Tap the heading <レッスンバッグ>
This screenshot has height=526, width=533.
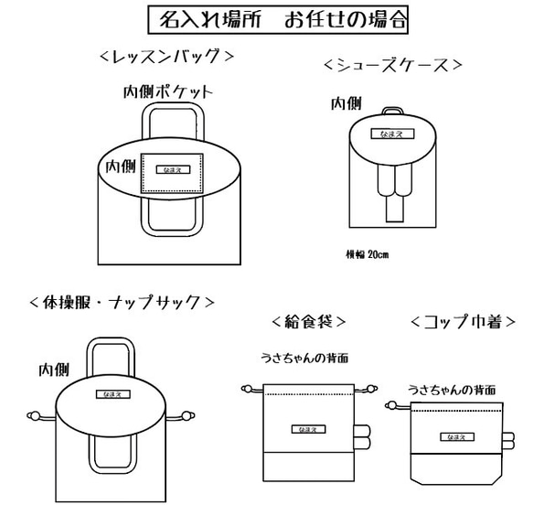click(x=167, y=57)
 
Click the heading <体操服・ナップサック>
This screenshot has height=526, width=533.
click(x=123, y=302)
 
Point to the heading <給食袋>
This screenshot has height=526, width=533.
click(x=308, y=321)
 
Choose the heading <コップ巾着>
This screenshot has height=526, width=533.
click(x=464, y=321)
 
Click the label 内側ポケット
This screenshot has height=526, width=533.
click(x=168, y=92)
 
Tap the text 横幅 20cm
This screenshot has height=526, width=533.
click(x=367, y=254)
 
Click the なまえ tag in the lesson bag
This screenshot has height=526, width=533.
click(x=169, y=169)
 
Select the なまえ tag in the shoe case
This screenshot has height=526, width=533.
click(x=392, y=134)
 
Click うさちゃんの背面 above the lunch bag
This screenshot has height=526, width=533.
click(x=304, y=358)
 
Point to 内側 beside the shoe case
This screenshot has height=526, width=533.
click(x=344, y=102)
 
